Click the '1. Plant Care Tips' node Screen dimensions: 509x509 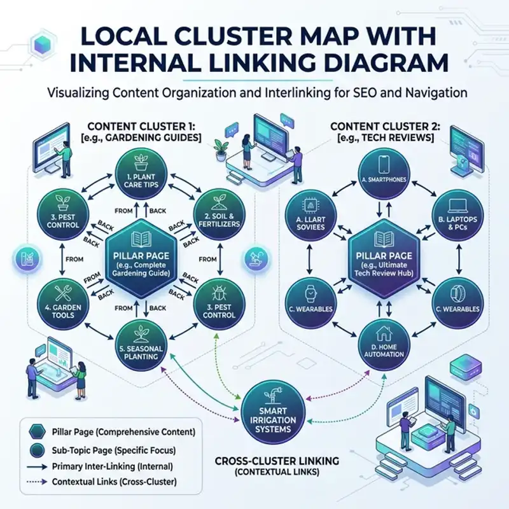pos(142,175)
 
